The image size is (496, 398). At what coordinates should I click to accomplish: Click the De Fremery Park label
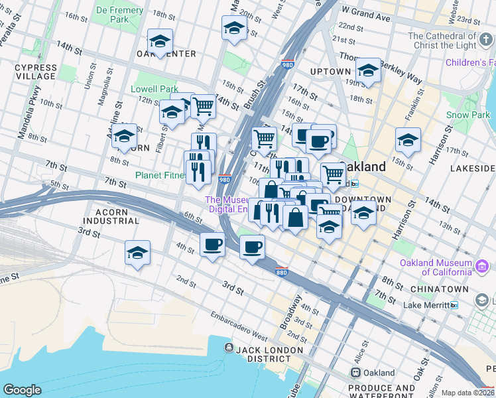[x=119, y=15]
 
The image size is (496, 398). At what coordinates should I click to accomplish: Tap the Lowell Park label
[x=155, y=89]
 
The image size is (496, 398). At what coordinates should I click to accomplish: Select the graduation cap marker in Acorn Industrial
[x=137, y=253]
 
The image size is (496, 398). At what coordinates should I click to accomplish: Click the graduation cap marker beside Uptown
[x=367, y=71]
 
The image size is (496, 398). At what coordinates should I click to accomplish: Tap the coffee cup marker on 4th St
[x=212, y=245]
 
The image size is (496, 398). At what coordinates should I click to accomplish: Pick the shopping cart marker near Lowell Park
[x=203, y=106]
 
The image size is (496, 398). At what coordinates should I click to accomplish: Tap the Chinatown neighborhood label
[x=435, y=290]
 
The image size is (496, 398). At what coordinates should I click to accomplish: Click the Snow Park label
[x=467, y=115]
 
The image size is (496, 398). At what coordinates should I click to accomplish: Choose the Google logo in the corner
[x=22, y=390]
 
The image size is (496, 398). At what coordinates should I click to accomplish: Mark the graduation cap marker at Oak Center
[x=160, y=42]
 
